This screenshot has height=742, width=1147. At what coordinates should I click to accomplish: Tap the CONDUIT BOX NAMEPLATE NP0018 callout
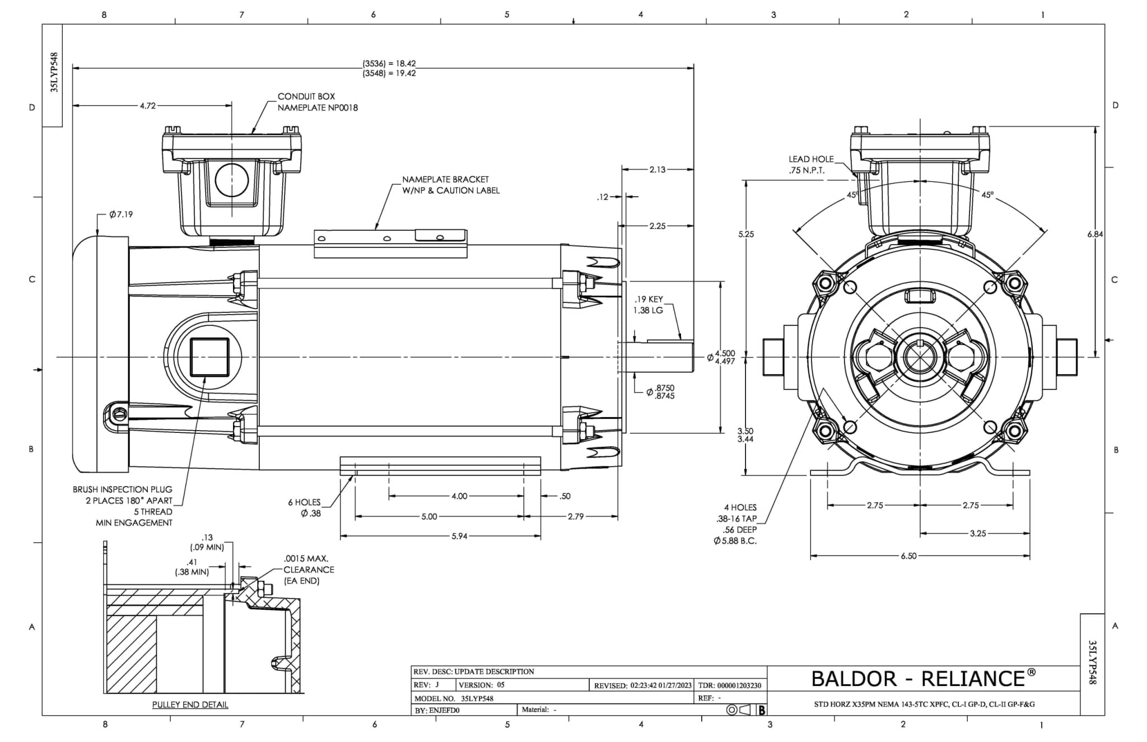click(x=318, y=102)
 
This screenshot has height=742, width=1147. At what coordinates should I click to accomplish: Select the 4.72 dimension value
click(x=148, y=105)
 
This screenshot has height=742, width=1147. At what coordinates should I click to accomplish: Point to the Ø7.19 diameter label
click(x=121, y=214)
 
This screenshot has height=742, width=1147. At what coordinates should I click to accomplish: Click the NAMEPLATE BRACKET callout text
click(x=451, y=185)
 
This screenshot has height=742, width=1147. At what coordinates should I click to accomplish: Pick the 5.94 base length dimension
click(x=459, y=536)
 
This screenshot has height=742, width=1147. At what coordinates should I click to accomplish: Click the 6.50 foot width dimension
click(x=908, y=556)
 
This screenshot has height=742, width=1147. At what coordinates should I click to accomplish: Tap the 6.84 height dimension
click(x=1095, y=234)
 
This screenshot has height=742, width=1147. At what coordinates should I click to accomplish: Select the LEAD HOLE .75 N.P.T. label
click(x=811, y=165)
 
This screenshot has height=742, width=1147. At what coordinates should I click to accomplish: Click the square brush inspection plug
click(x=209, y=357)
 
